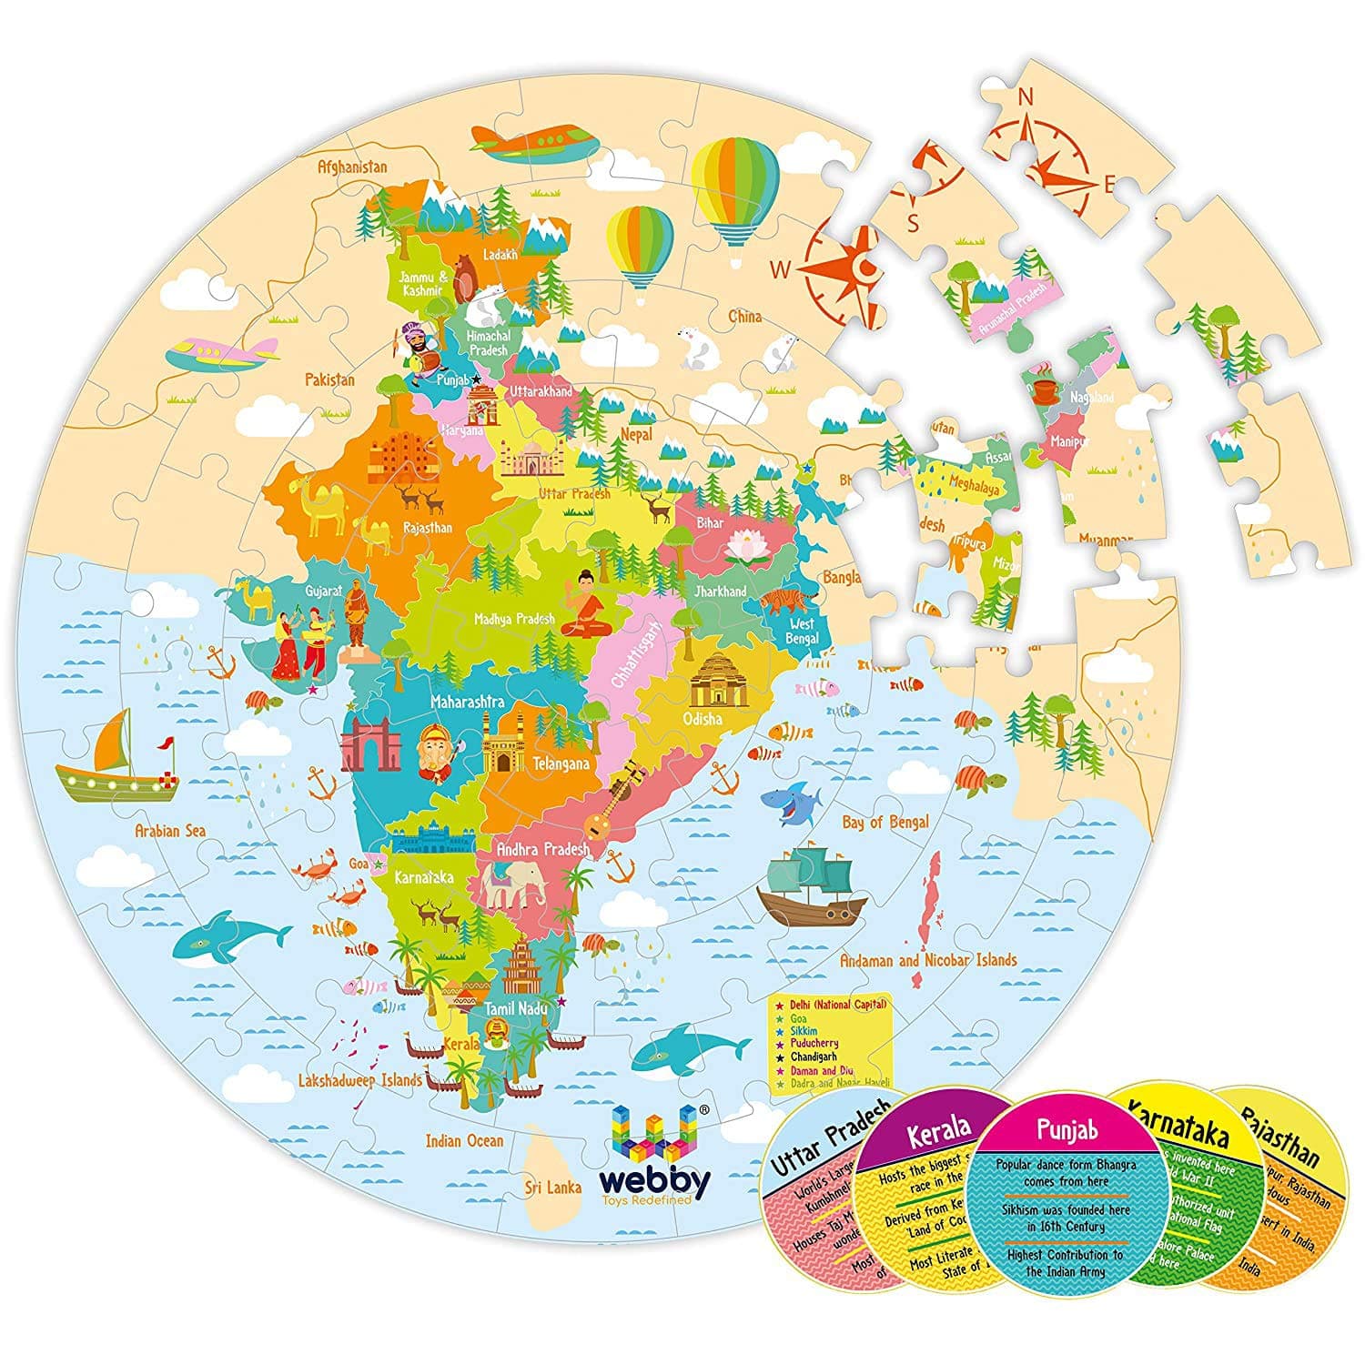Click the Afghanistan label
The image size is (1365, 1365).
pyautogui.click(x=351, y=167)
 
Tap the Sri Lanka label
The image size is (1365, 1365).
pyautogui.click(x=552, y=1187)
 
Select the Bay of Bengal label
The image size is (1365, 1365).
pyautogui.click(x=885, y=823)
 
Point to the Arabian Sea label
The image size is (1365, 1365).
pyautogui.click(x=170, y=830)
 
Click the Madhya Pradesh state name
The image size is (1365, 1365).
pyautogui.click(x=514, y=619)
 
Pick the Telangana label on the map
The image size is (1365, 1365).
pyautogui.click(x=561, y=763)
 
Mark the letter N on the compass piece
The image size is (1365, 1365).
pyautogui.click(x=1026, y=96)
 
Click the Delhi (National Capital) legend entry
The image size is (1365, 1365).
pyautogui.click(x=837, y=1004)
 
